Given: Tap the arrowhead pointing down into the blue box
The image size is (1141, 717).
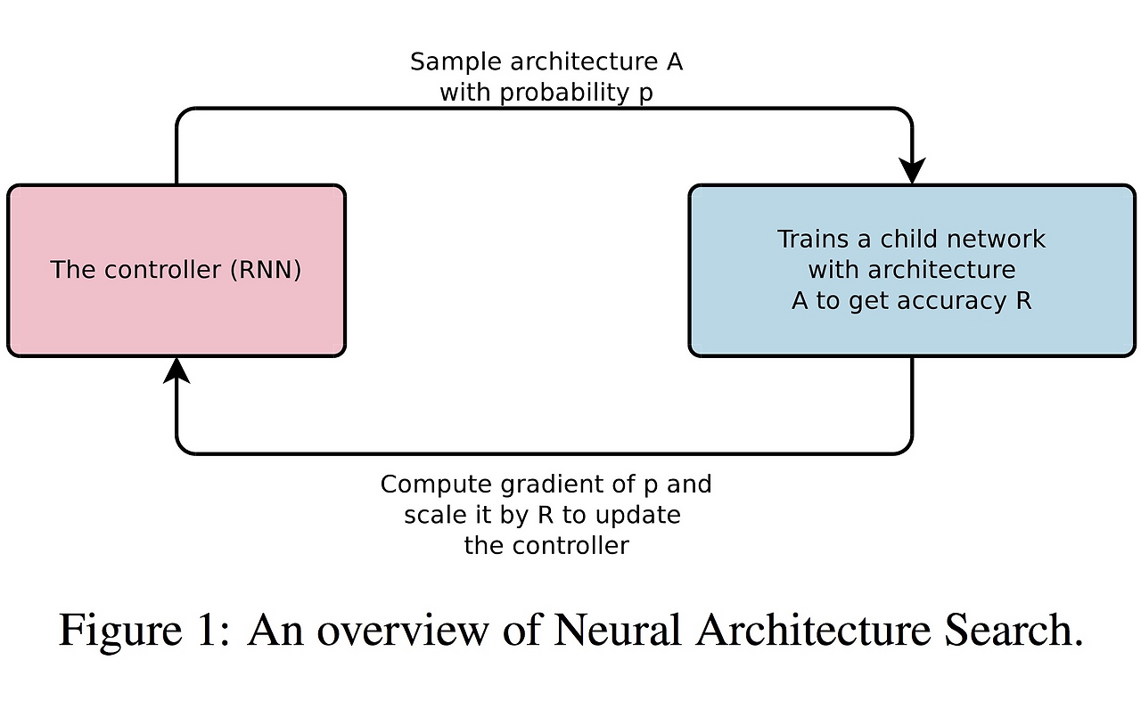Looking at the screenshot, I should coord(912,169).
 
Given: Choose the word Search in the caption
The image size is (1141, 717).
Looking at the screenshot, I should coord(1011,630).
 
